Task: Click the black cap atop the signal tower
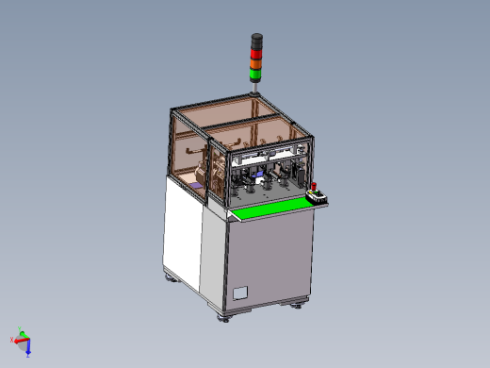(255, 38)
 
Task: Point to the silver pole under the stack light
(255, 87)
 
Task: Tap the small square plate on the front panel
(239, 293)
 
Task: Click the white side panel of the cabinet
(181, 231)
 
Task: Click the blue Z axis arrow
(27, 347)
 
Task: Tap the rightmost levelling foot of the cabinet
(301, 304)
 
